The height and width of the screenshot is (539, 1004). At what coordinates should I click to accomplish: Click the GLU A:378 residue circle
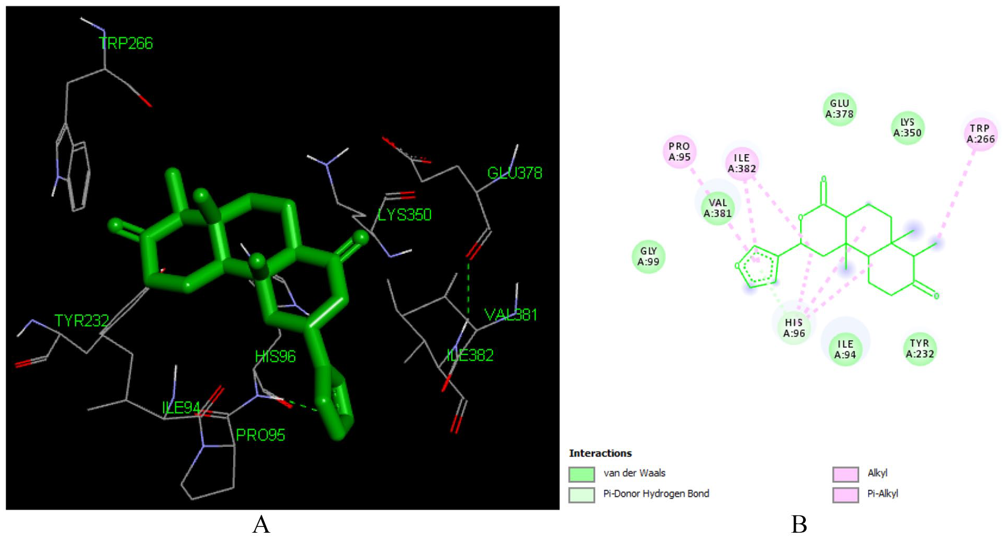point(839,109)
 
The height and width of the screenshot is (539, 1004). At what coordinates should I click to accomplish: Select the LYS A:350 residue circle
point(907,128)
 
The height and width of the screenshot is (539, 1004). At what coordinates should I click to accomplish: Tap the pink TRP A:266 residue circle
point(980,134)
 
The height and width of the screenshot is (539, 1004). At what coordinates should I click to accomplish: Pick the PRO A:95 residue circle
point(679,152)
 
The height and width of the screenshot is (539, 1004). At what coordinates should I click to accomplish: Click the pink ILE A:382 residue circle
point(742,163)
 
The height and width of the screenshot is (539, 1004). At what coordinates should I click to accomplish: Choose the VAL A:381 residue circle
point(717,208)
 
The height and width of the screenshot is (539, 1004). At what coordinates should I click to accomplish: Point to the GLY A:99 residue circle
point(649,257)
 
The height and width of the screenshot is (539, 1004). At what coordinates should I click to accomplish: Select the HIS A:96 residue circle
point(794,327)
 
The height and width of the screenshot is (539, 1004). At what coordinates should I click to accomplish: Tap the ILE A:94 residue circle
point(845,350)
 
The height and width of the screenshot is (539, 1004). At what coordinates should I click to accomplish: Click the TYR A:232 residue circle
point(920,349)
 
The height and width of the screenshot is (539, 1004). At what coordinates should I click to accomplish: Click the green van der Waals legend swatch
point(582,474)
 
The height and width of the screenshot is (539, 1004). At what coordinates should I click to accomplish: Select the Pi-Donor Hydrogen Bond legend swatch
point(582,495)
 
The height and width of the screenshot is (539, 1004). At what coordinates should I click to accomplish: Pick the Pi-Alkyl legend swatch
point(846,495)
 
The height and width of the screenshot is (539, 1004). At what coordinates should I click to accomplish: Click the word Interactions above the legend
point(600,453)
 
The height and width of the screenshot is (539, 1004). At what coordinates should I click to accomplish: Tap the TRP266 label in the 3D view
point(126,43)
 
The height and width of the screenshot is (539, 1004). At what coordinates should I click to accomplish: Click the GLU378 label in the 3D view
point(515,173)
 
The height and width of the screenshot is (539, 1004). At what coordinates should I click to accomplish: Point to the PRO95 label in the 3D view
point(261,435)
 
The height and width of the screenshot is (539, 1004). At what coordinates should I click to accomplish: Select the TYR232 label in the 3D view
point(82,320)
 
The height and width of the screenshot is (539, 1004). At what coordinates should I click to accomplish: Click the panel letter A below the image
point(261,524)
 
